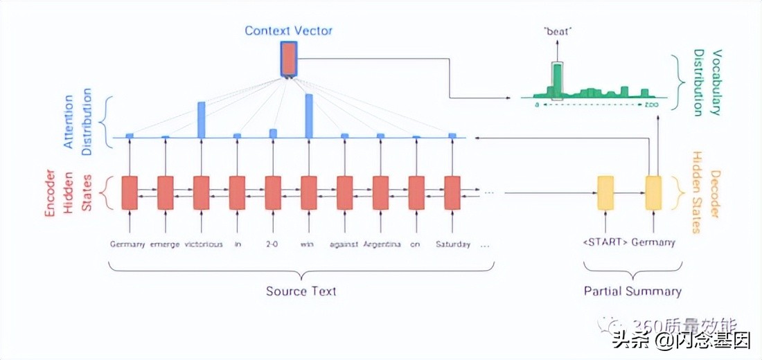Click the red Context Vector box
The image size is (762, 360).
pyautogui.click(x=288, y=60)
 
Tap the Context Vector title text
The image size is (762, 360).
pyautogui.click(x=288, y=30)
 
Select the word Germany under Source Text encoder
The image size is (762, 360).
pyautogui.click(x=128, y=244)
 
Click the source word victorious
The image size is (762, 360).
pyautogui.click(x=204, y=244)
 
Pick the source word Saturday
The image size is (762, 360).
pyautogui.click(x=452, y=244)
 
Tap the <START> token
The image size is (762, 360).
pyautogui.click(x=605, y=242)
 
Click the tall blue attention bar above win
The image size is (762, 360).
pyautogui.click(x=309, y=115)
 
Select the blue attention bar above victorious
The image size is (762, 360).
pyautogui.click(x=201, y=119)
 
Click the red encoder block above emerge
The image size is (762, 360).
pyautogui.click(x=166, y=192)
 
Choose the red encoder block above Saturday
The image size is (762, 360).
pyautogui.click(x=452, y=192)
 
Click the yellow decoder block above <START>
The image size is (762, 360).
pyautogui.click(x=605, y=192)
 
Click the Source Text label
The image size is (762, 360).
pyautogui.click(x=301, y=291)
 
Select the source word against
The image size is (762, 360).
pyautogui.click(x=344, y=244)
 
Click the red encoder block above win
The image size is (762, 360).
pyautogui.click(x=309, y=192)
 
